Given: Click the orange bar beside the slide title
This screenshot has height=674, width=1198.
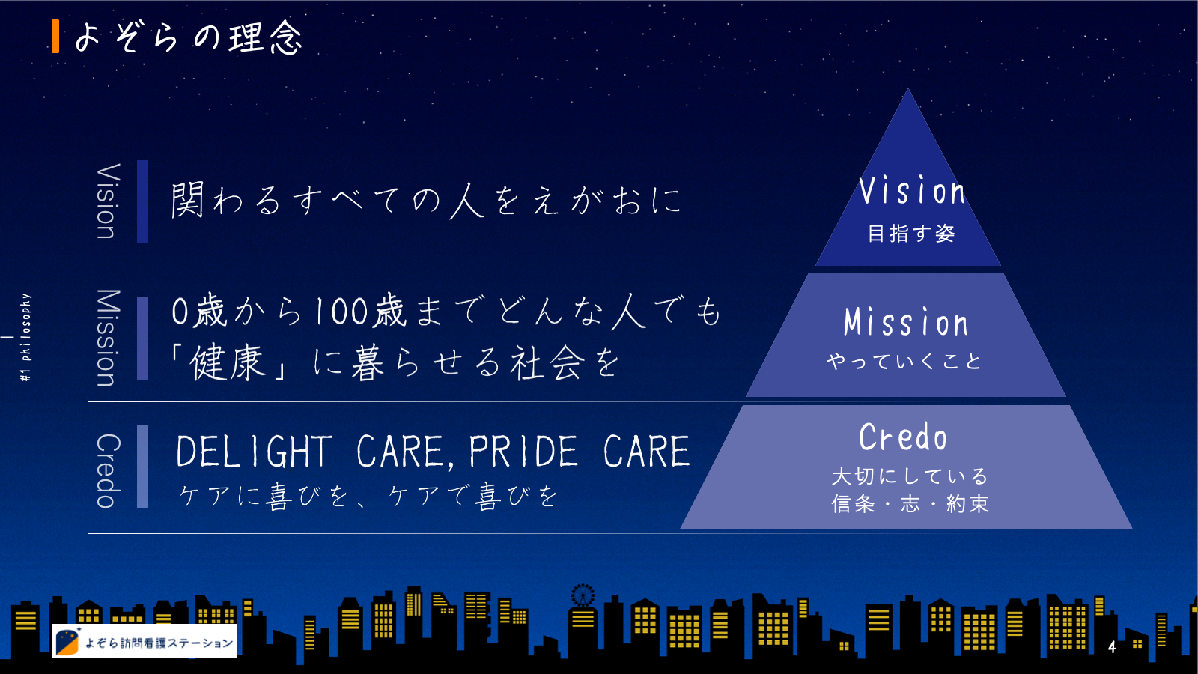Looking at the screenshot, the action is click(x=55, y=37).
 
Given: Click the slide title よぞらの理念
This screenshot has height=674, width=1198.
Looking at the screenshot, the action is click(x=189, y=37).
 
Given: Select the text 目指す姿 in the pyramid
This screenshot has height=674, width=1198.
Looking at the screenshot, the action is click(x=911, y=233).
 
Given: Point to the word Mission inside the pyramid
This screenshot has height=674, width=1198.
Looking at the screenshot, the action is click(x=906, y=322).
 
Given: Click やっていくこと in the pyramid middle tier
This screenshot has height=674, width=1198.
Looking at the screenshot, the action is click(x=904, y=361).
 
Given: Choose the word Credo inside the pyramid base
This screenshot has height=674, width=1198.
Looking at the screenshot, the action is click(x=903, y=437).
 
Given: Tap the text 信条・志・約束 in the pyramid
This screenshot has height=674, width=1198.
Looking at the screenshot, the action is click(x=910, y=503).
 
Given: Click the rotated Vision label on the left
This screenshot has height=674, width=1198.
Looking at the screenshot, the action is click(x=107, y=201).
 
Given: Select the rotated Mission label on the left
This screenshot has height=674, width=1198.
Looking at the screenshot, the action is click(x=107, y=338).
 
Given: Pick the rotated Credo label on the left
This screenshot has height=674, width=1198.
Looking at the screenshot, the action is click(x=107, y=470).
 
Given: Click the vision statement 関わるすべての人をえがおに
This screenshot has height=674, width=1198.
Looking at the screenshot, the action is click(x=426, y=200).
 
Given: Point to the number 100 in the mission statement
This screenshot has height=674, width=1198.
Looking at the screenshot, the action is click(x=341, y=312).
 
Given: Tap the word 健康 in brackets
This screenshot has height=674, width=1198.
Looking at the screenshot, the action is click(x=228, y=362).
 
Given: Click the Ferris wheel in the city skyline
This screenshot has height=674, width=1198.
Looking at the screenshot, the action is click(x=583, y=595).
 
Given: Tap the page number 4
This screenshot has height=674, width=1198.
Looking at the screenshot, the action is click(x=1112, y=647).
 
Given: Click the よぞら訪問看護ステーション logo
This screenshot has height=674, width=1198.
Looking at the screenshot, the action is click(x=145, y=641).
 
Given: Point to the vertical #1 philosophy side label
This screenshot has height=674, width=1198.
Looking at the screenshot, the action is click(x=25, y=337).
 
